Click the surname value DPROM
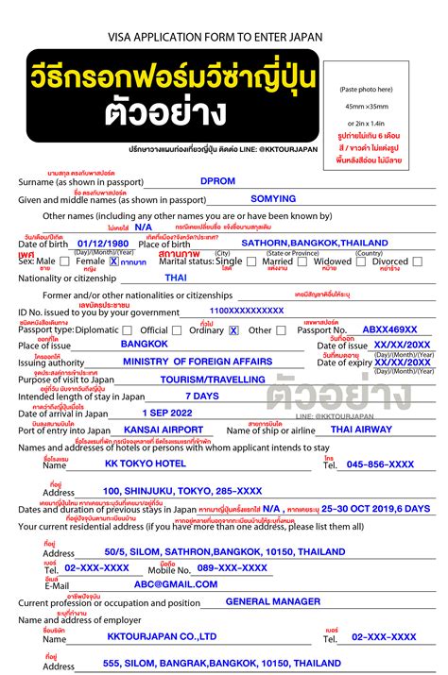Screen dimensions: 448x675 pyautogui.click(x=217, y=180)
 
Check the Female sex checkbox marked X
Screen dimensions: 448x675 pyautogui.click(x=113, y=262)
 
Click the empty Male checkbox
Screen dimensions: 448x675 pyautogui.click(x=64, y=262)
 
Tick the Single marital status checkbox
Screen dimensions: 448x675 pyautogui.click(x=250, y=262)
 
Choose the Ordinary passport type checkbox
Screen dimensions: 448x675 pyautogui.click(x=233, y=330)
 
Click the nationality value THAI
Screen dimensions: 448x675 pyautogui.click(x=176, y=278)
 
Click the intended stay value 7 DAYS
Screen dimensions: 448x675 pyautogui.click(x=201, y=397)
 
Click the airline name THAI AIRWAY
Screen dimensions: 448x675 pyautogui.click(x=363, y=430)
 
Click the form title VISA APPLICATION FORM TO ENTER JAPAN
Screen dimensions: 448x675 pyautogui.click(x=224, y=37)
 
